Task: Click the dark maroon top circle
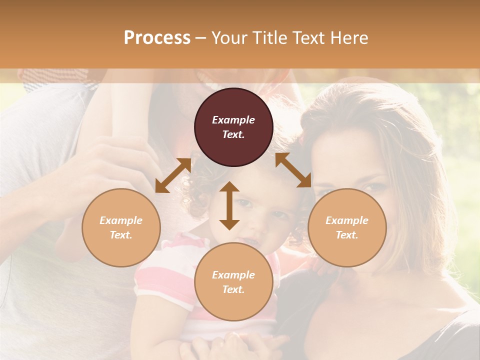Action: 233,127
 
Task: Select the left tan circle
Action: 121,227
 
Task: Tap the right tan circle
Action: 347,227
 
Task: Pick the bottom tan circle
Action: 233,282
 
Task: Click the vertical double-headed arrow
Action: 229,205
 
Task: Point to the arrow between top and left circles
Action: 173,175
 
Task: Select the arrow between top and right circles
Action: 293,170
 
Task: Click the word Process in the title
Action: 157,37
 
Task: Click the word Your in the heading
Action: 229,37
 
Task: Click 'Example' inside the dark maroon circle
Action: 233,120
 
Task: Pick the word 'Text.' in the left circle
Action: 121,235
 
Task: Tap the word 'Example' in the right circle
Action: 347,220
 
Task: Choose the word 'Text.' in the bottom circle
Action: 233,289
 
